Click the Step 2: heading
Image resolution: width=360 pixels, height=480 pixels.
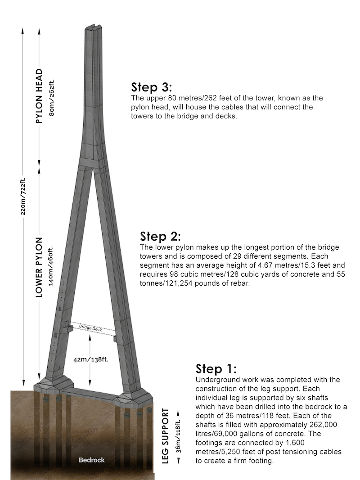pos(160,236)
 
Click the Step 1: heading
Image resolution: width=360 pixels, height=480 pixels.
pos(216,369)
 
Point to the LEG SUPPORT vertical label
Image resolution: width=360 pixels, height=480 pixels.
pos(165,436)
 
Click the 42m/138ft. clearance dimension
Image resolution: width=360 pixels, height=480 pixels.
pos(90,359)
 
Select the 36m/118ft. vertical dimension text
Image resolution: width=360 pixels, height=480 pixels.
pos(179,436)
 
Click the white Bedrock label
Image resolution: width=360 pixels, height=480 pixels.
pos(92,460)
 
